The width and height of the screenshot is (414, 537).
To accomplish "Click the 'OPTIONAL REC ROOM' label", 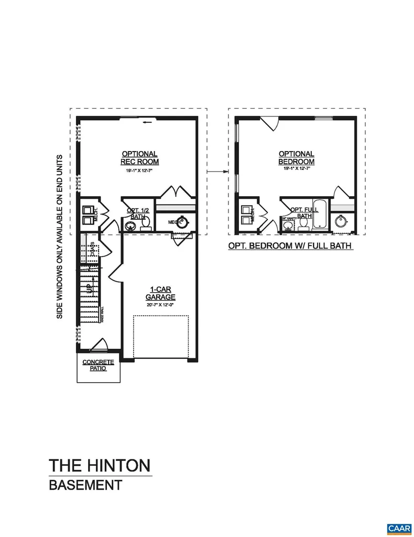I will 139,158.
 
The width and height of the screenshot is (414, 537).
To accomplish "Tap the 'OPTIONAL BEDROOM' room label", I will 296,158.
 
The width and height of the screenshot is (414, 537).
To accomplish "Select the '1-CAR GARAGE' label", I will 160,293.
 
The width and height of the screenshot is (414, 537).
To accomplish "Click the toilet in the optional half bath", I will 146,223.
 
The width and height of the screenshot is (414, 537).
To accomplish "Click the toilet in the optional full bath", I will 303,223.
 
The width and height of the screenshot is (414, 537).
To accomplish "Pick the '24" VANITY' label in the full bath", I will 289,218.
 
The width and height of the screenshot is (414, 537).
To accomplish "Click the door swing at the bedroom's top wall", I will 269,124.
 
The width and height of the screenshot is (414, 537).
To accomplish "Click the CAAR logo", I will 399,527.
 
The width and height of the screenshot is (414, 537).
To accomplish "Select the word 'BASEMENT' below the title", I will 85,485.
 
